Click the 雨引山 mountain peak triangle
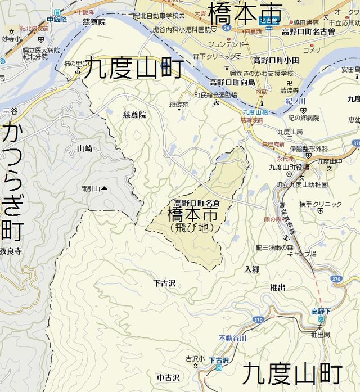pyautogui.click(x=104, y=189)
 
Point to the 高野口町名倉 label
pyautogui.click(x=196, y=203)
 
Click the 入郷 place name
pyautogui.click(x=251, y=270)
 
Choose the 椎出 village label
pyautogui.click(x=277, y=287)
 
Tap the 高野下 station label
pyautogui.click(x=322, y=310)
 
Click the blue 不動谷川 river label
pyautogui.click(x=232, y=338)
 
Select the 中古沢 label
pyautogui.click(x=168, y=377)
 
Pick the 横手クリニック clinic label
pyautogui.click(x=320, y=204)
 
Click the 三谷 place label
pyautogui.click(x=10, y=111)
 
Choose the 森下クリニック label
pyautogui.click(x=215, y=56)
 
